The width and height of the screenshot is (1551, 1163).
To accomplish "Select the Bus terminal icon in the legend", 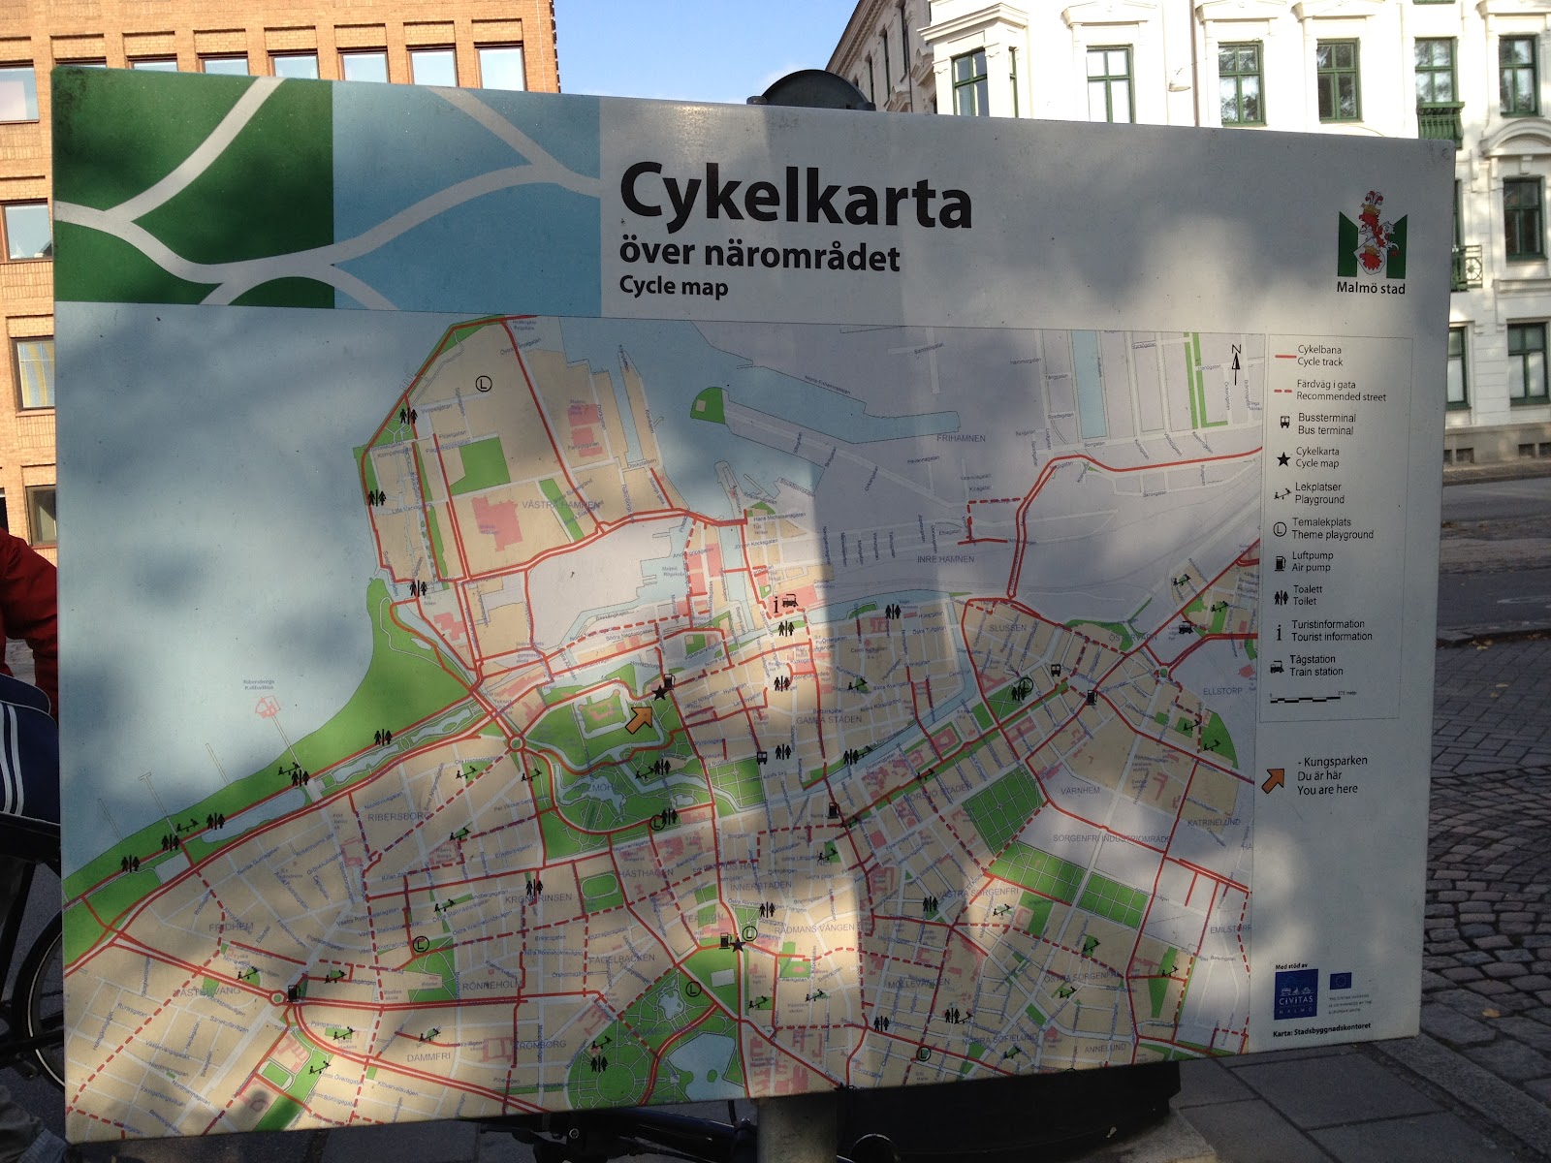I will click(1282, 423).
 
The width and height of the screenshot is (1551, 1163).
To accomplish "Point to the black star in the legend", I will click(1282, 457).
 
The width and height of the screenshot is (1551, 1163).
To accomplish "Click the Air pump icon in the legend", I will click(1282, 561).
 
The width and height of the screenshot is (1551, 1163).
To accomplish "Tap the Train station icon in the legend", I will click(1281, 665).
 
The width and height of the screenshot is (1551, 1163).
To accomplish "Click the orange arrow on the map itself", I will click(639, 720).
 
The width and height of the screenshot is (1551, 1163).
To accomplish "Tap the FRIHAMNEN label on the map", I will click(962, 438).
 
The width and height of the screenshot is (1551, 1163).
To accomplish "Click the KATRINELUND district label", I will click(1213, 822).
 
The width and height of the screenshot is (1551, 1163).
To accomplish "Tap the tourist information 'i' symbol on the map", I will click(776, 605).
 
